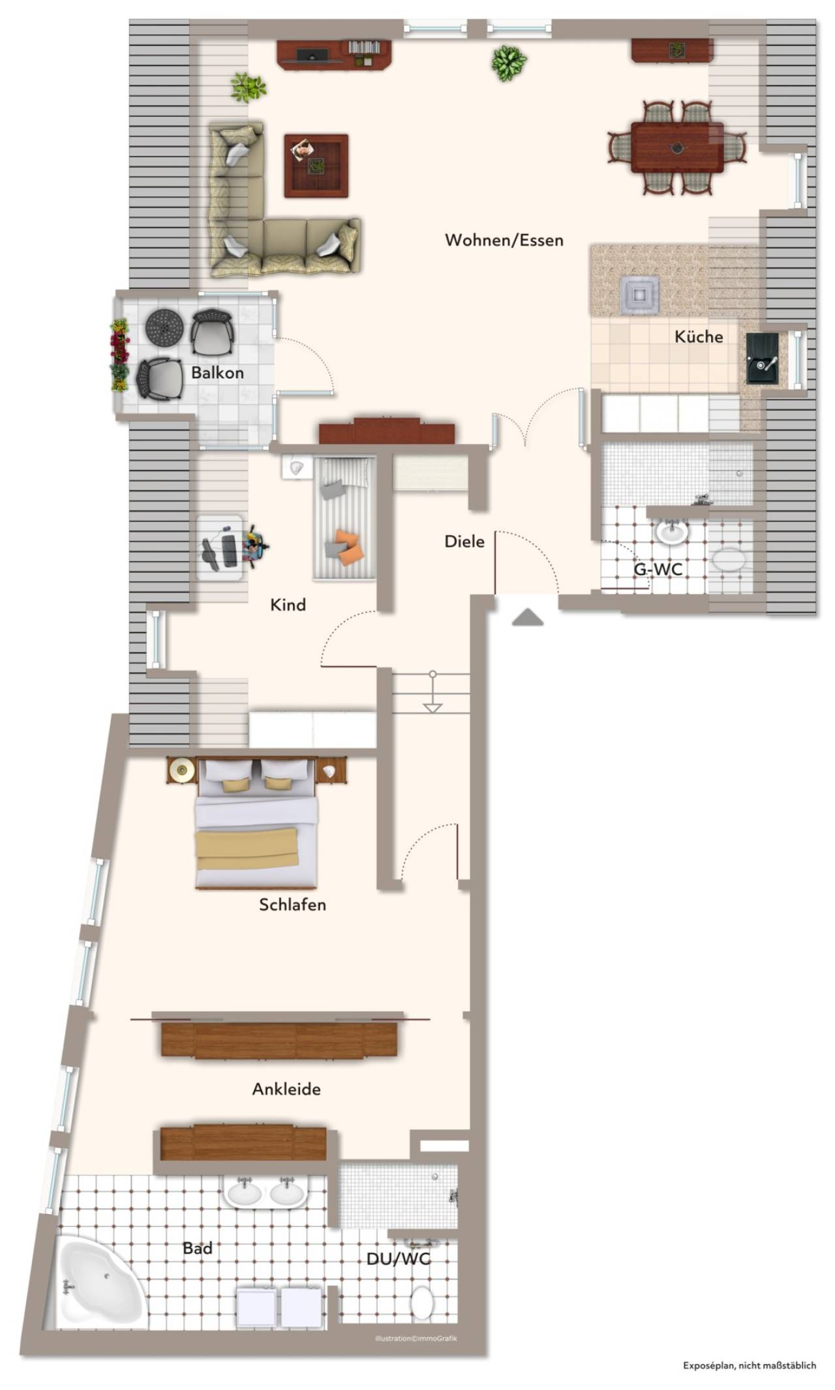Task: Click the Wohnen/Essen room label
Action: tap(504, 241)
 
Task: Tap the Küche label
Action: tap(699, 336)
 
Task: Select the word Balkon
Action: tap(217, 373)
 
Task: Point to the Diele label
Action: tap(464, 541)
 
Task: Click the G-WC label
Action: tap(658, 569)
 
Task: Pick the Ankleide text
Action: tap(286, 1089)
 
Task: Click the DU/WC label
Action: tap(399, 1258)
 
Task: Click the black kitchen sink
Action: tap(763, 358)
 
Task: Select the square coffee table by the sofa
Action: tap(316, 166)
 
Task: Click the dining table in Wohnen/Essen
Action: tap(677, 148)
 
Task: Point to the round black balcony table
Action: tap(164, 328)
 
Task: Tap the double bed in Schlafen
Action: tap(256, 823)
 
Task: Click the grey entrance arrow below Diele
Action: tap(528, 617)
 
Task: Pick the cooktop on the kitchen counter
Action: tap(639, 295)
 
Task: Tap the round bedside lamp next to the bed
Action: tap(182, 771)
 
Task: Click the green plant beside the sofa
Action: tap(248, 88)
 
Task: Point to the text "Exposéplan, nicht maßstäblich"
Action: tap(750, 1365)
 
